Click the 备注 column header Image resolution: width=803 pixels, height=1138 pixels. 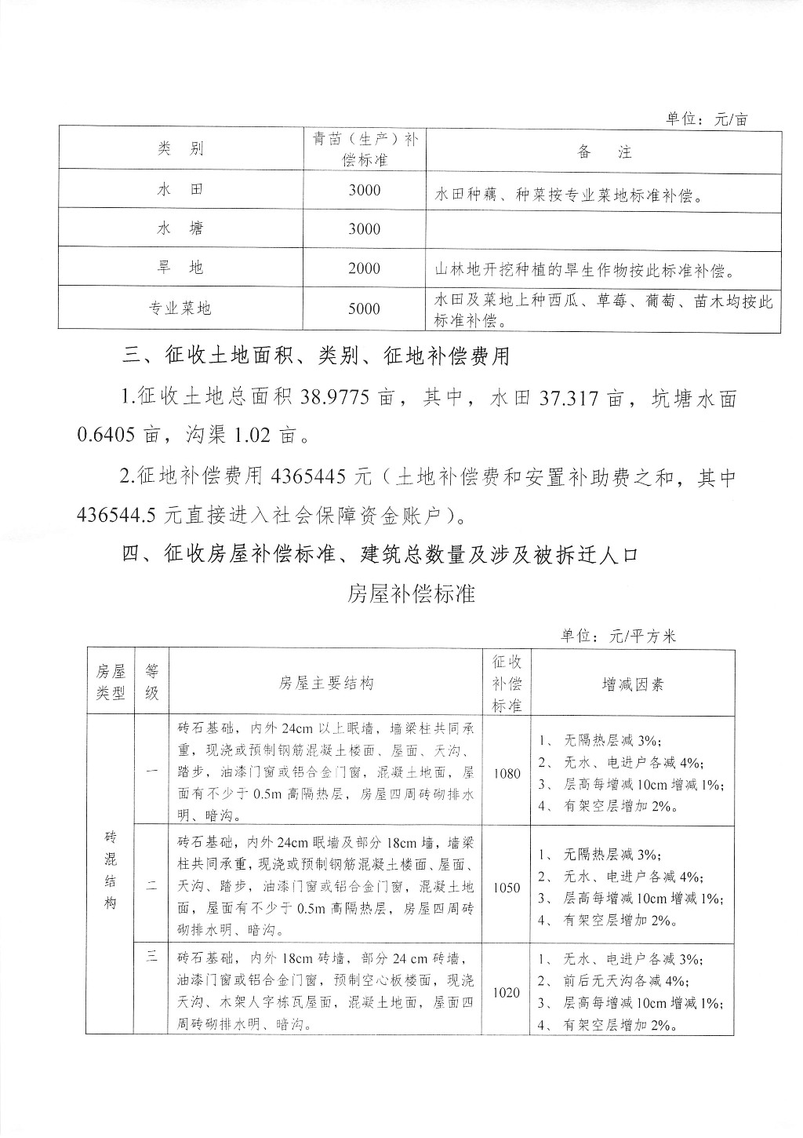604,152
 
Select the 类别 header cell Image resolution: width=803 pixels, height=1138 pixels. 180,149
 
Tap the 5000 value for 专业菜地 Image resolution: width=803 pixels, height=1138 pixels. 364,308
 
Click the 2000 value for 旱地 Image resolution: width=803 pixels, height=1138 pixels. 364,268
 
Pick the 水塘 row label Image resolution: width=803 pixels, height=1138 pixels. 180,228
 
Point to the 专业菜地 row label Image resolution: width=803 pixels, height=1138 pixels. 180,308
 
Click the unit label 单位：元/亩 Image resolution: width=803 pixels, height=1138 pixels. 707,119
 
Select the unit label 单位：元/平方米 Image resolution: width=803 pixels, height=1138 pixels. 618,636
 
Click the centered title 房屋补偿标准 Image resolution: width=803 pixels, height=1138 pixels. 412,593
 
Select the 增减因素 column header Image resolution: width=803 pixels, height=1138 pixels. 633,684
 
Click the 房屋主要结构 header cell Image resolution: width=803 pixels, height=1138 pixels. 326,684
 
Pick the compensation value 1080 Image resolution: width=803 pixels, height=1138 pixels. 507,773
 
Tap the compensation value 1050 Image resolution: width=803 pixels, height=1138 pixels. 507,888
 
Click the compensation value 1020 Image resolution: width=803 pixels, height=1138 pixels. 507,993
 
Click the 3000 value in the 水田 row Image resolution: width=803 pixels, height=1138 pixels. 364,190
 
